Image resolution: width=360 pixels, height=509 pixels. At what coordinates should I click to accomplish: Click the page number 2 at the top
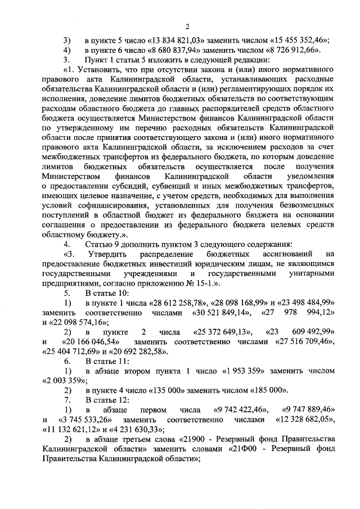click(x=188, y=26)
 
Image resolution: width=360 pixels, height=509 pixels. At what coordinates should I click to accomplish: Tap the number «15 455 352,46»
click(x=298, y=40)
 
